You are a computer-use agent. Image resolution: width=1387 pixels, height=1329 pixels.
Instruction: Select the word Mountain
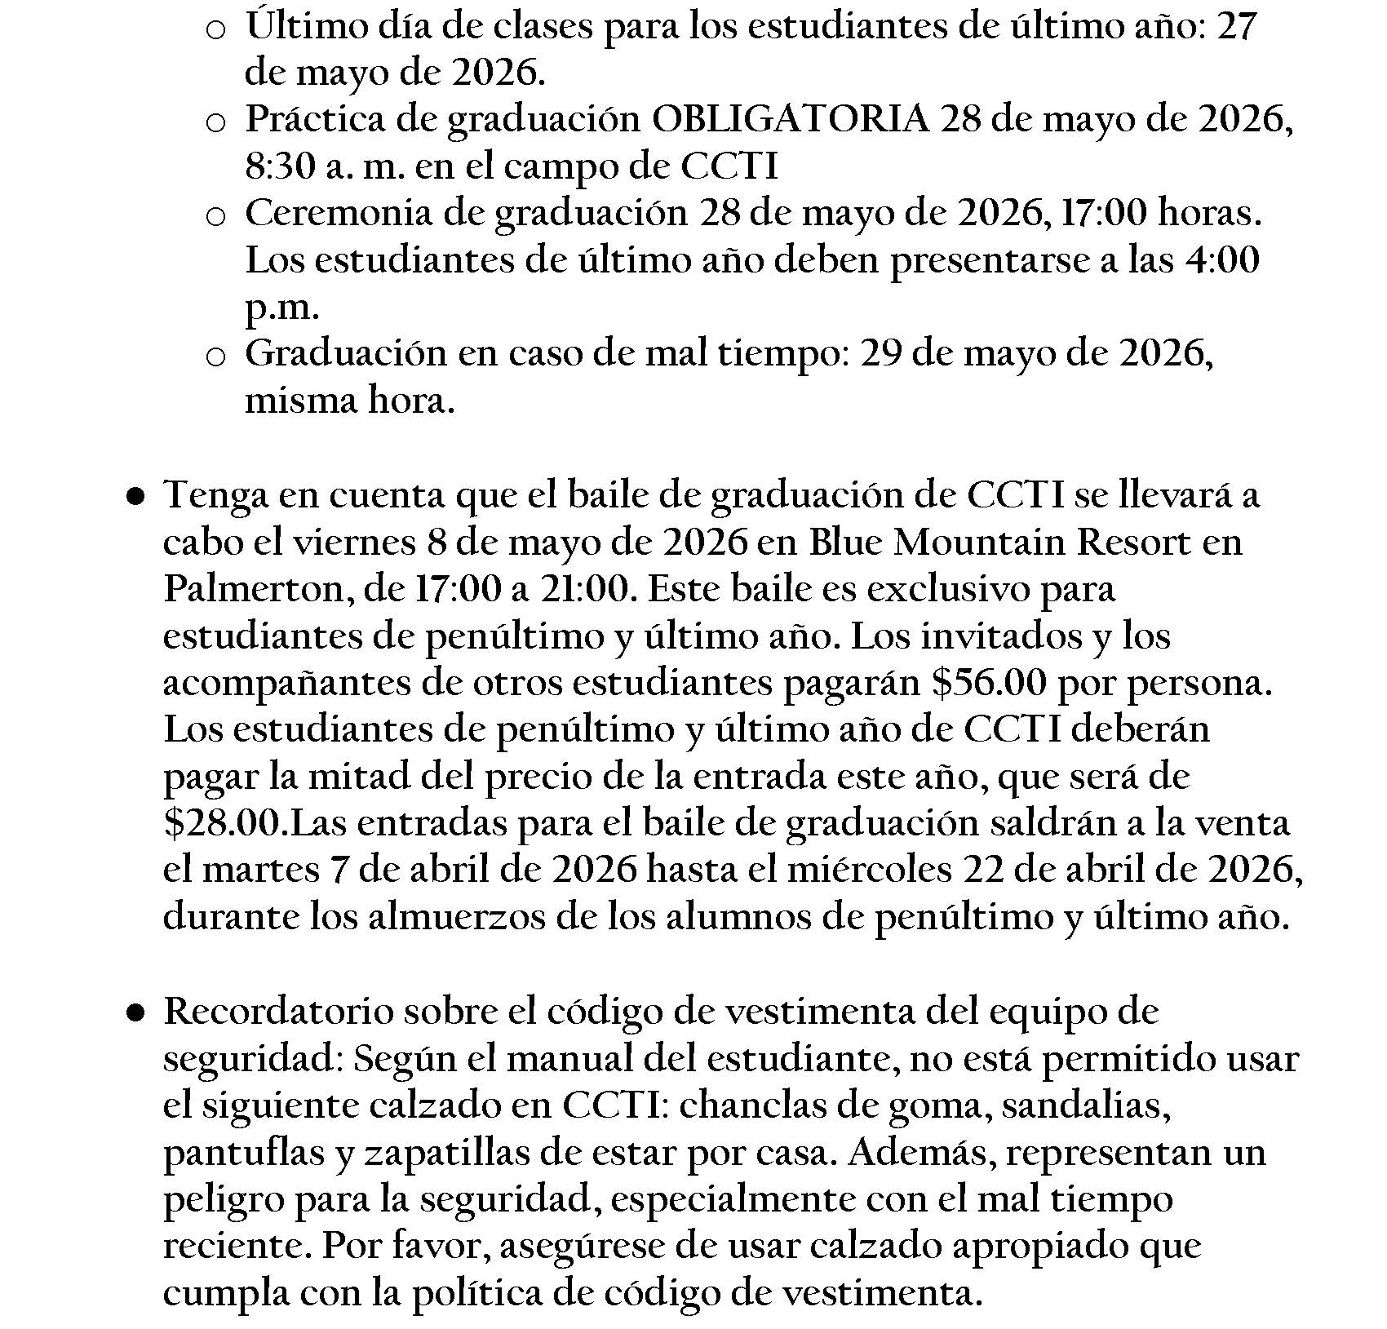click(979, 543)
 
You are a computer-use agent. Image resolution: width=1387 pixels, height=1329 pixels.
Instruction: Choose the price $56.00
click(988, 683)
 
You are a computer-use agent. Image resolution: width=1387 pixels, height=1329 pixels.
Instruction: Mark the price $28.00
click(221, 823)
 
